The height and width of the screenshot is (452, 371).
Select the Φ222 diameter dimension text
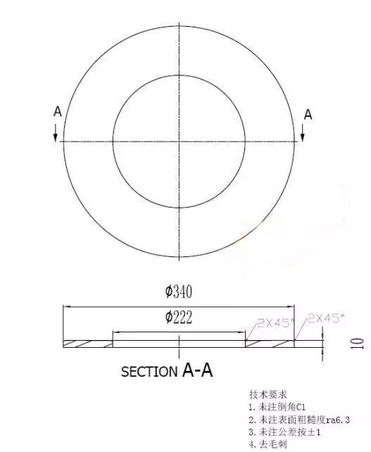point(179,318)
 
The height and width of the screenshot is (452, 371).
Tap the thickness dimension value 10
point(358,344)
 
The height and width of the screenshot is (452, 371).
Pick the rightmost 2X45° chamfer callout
point(325,318)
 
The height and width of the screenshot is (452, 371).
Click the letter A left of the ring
point(57,111)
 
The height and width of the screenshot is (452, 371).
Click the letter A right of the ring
point(308,115)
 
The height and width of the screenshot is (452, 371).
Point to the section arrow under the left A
point(56,132)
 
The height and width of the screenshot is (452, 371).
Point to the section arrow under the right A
point(303,132)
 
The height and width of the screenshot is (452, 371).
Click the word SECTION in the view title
point(150,372)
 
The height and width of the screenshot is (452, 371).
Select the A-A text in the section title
point(198,370)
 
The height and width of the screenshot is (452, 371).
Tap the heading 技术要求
point(264,395)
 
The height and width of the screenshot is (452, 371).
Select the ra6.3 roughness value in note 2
point(336,420)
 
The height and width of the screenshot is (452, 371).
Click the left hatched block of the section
point(88,344)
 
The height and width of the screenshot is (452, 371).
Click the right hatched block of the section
point(270,344)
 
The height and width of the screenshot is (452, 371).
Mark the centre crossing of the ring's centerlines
point(180,141)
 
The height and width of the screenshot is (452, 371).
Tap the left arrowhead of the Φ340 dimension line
point(67,306)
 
